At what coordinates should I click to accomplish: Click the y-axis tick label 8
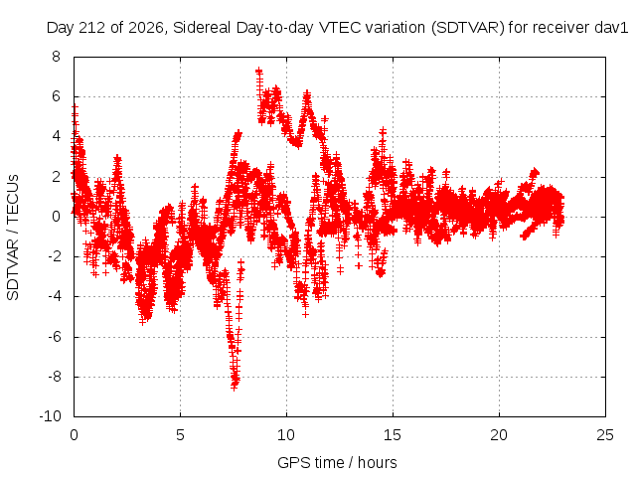[x=56, y=57]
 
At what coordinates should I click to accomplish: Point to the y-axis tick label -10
[x=50, y=416]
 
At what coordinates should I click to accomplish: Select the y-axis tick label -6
[x=54, y=336]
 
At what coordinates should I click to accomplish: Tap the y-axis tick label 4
[x=56, y=136]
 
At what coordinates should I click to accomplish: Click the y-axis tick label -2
[x=54, y=256]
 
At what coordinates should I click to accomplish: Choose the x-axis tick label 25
[x=605, y=435]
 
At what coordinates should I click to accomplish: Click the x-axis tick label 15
[x=393, y=435]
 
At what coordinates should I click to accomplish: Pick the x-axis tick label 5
[x=180, y=435]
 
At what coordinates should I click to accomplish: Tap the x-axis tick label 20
[x=499, y=435]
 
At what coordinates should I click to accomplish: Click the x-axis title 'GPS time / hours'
[x=337, y=462]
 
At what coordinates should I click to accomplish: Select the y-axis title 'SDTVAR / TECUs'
[x=13, y=238]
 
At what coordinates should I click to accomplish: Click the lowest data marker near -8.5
[x=235, y=387]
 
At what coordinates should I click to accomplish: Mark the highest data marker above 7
[x=258, y=71]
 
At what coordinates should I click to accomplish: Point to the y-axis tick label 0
[x=56, y=217]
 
